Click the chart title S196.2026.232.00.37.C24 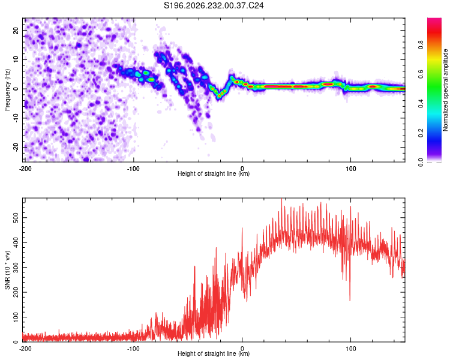[214, 5]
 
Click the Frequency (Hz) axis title [7, 90]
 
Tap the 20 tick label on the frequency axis [16, 30]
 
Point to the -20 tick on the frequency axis [16, 147]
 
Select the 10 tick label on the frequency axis [16, 59]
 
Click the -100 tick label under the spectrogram [133, 169]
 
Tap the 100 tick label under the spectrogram [350, 169]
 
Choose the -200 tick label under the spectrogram [25, 169]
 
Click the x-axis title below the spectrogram [214, 173]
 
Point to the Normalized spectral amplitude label [445, 90]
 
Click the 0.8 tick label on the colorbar [421, 45]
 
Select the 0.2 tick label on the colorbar [421, 133]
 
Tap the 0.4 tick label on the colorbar [421, 104]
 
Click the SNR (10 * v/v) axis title [7, 270]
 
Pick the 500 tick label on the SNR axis [16, 218]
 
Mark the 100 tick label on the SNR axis [16, 317]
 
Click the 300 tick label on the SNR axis [16, 267]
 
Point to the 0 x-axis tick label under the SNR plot [242, 349]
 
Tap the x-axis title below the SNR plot [214, 353]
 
